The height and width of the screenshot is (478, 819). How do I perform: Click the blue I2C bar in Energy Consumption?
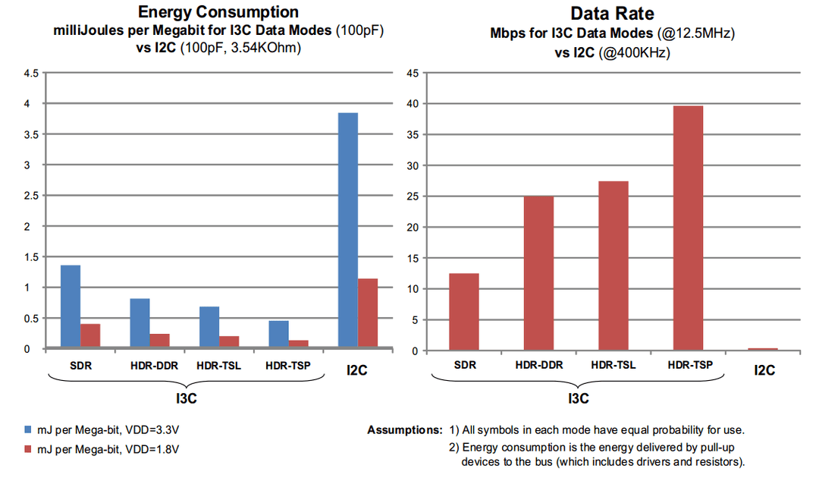(x=348, y=231)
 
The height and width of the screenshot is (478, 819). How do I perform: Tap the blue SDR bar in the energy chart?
(x=71, y=307)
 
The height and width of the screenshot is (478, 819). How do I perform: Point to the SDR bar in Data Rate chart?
(x=464, y=312)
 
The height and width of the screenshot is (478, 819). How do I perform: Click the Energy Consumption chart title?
(x=218, y=12)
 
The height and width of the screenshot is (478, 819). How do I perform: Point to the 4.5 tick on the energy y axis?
(x=31, y=73)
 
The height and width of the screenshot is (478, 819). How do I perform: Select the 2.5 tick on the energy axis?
(x=31, y=196)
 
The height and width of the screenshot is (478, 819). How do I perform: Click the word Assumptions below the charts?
(x=404, y=430)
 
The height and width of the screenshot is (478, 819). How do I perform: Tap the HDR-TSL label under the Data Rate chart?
(x=613, y=366)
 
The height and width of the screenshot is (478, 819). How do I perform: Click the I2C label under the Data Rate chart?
(x=764, y=370)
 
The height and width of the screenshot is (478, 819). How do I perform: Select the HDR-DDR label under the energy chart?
(x=154, y=366)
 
